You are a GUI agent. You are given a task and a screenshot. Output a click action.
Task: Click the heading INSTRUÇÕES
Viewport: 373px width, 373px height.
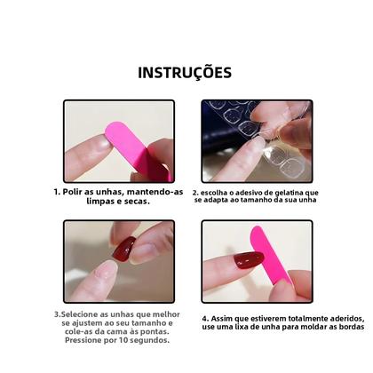(186, 72)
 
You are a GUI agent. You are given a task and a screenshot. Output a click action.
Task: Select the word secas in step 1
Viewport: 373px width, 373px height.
(134, 201)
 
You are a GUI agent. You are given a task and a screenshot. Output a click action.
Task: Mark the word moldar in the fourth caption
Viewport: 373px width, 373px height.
(301, 327)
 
